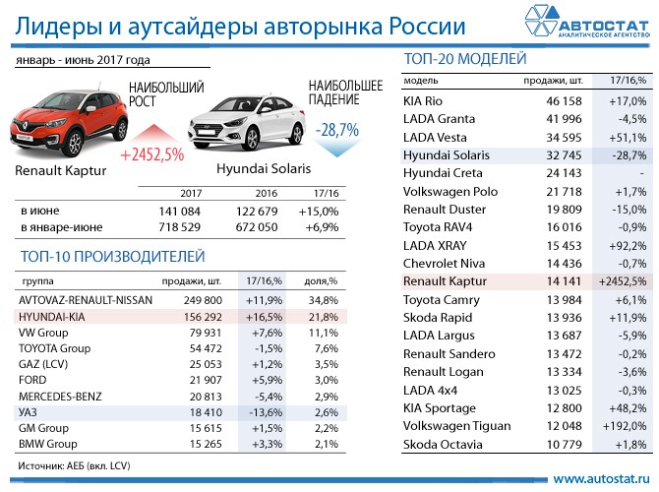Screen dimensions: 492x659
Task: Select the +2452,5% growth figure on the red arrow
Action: point(152,154)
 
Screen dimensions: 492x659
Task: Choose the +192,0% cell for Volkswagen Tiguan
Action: point(623,426)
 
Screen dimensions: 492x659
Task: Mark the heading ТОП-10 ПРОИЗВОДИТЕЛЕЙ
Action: point(111,257)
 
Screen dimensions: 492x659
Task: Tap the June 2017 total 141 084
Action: point(180,211)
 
